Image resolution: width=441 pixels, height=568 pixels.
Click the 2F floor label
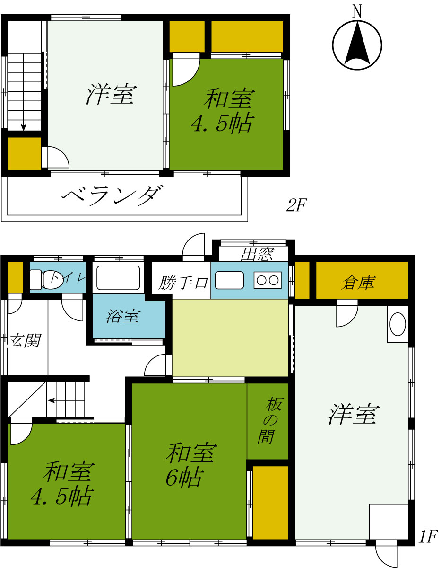point(297,205)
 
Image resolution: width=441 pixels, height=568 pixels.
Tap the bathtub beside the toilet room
point(118,277)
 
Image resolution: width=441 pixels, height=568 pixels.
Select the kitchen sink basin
point(229,280)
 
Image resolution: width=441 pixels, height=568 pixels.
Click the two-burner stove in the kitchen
point(267,280)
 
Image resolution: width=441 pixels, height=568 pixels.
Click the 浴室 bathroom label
point(123,316)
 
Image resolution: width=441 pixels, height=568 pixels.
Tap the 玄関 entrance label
point(24,341)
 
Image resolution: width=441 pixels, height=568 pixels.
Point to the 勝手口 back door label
point(183,283)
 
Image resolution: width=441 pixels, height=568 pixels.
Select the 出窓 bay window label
point(257,254)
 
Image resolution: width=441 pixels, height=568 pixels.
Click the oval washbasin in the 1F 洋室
point(398,324)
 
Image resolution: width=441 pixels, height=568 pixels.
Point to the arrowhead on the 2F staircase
point(24,127)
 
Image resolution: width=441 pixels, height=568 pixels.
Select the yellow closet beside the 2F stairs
point(24,153)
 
